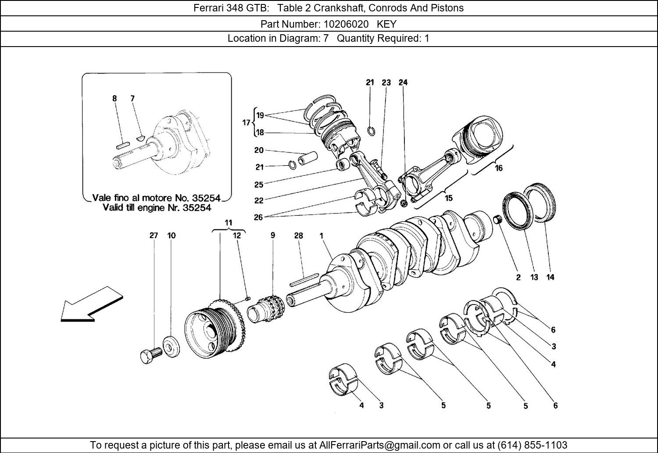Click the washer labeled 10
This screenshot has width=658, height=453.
(171, 345)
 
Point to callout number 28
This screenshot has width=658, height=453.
(298, 236)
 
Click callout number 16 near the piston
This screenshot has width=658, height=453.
(498, 168)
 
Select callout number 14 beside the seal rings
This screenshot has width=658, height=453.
(550, 277)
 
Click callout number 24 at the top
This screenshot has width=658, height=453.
(403, 82)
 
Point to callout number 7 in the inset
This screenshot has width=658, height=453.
(132, 98)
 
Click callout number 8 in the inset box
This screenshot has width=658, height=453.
(114, 98)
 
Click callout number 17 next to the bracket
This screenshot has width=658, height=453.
(246, 123)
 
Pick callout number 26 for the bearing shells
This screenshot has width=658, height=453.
(258, 217)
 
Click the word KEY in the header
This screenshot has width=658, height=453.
(386, 24)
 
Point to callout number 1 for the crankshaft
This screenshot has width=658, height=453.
(321, 236)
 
